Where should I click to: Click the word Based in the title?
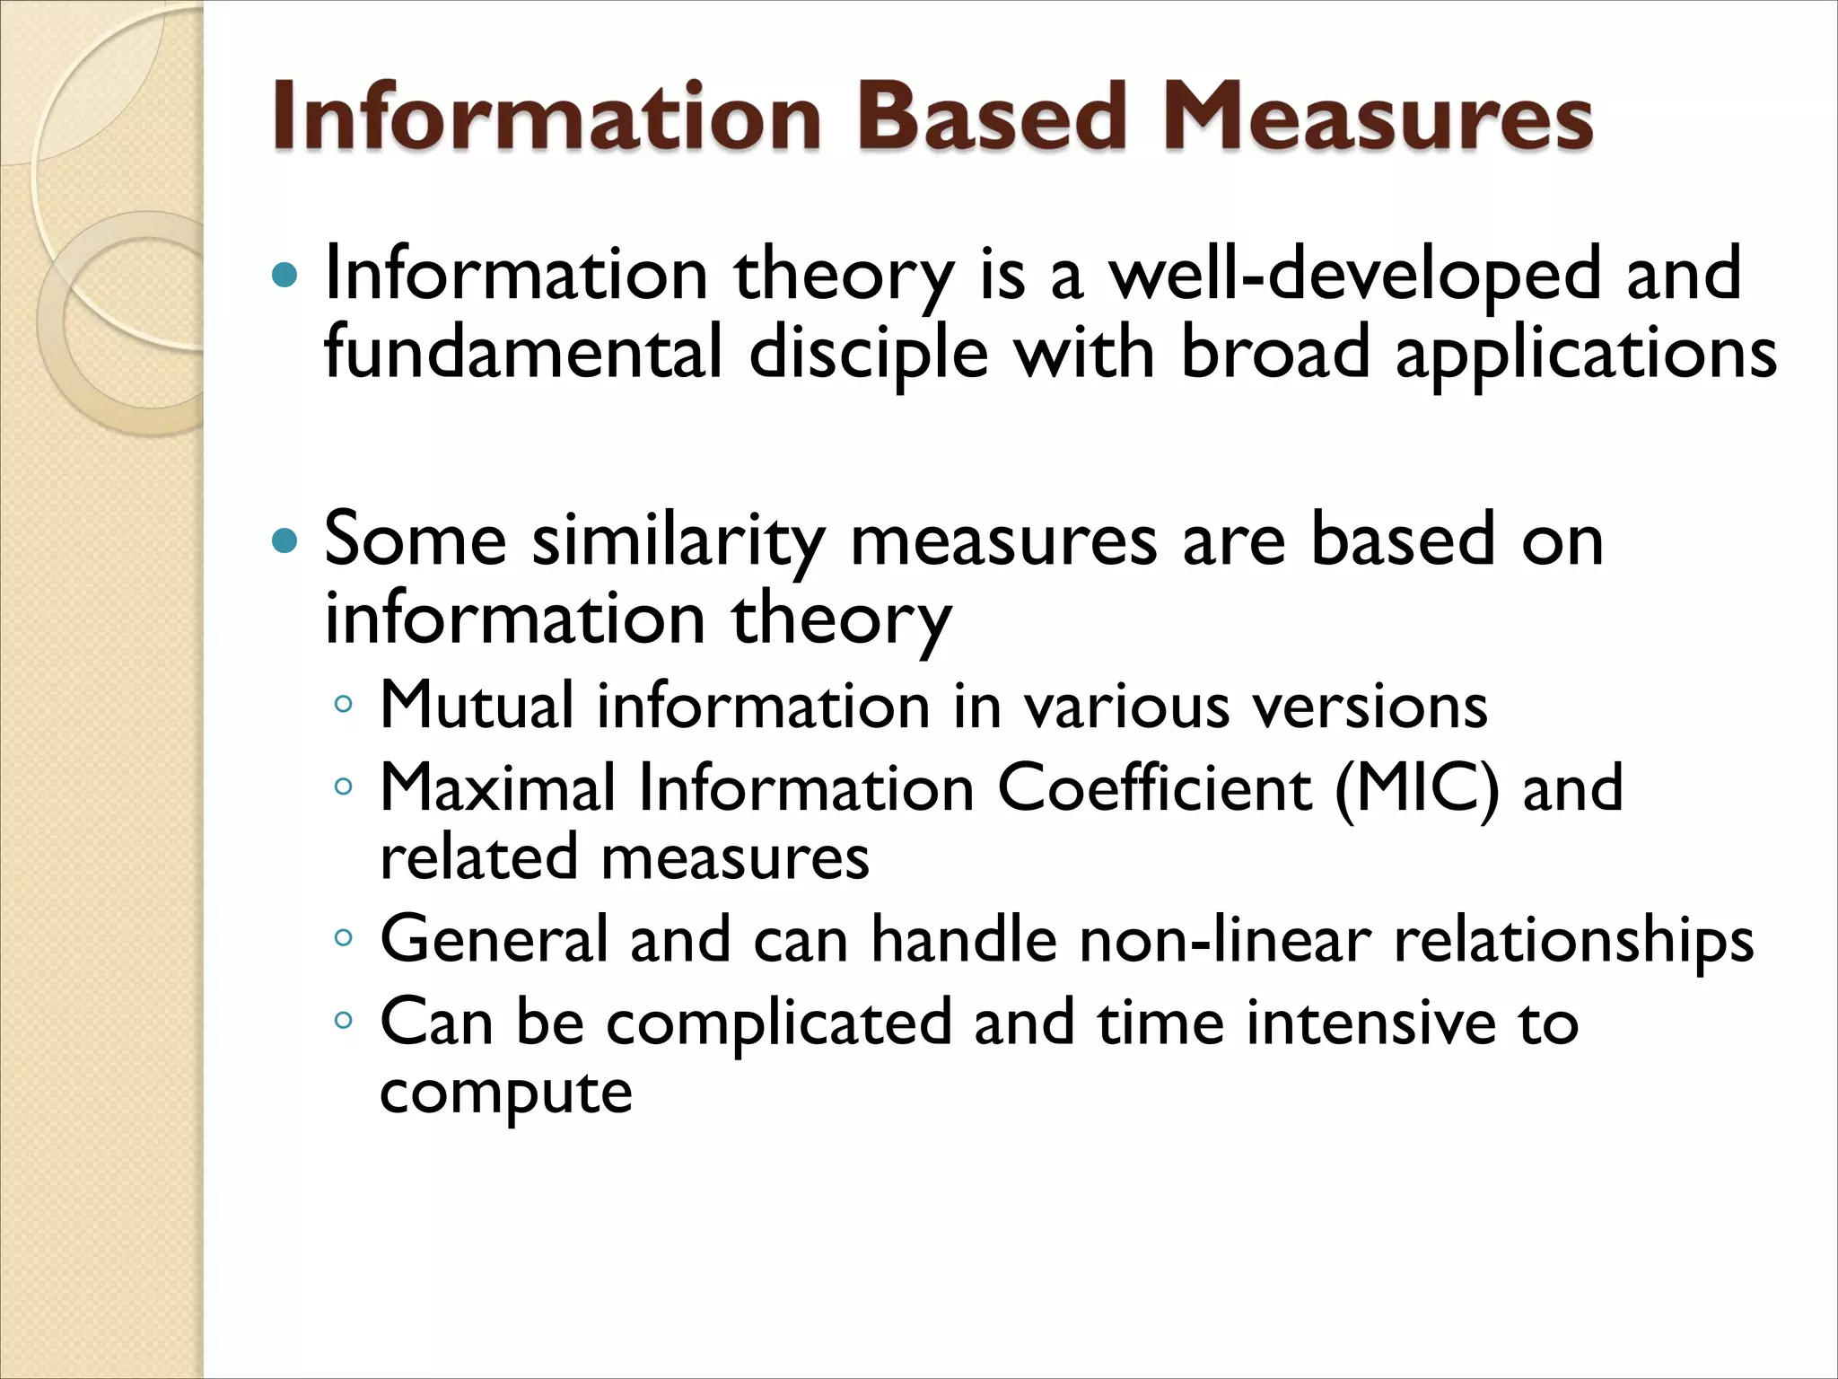click(991, 117)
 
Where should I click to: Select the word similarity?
click(678, 540)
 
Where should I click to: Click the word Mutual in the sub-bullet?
click(477, 706)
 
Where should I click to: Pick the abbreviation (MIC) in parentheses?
click(1417, 788)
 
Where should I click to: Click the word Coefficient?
click(1155, 788)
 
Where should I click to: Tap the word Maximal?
click(498, 788)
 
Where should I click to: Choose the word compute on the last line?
click(506, 1092)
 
